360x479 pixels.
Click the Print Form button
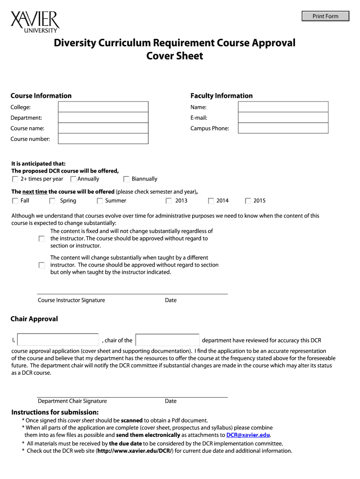coord(325,16)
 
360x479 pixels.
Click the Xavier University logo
coord(35,22)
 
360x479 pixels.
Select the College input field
coord(102,107)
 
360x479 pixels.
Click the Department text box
coord(102,118)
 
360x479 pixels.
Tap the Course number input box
coord(102,139)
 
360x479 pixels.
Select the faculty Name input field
coord(283,107)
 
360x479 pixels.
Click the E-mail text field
coord(283,118)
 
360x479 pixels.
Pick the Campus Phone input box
coord(283,128)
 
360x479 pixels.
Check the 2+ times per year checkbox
coord(15,179)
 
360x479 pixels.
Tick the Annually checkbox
coord(73,179)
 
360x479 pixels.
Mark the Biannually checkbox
coord(126,179)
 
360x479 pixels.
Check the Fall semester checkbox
coord(15,201)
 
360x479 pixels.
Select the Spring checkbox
coord(52,201)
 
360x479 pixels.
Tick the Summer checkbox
coord(100,201)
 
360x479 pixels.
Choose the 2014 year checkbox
coord(211,201)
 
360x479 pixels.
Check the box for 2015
coord(248,201)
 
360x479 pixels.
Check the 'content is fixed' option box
coord(42,239)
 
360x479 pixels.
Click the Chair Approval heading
coord(34,319)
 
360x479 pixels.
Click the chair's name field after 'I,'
coord(58,340)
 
